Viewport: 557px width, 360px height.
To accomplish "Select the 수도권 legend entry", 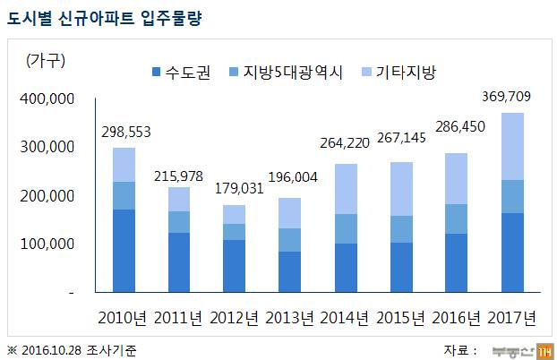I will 183,72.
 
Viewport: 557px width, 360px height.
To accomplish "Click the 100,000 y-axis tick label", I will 47,244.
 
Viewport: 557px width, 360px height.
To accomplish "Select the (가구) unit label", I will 46,60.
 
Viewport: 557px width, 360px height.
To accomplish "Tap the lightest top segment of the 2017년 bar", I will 513,146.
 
